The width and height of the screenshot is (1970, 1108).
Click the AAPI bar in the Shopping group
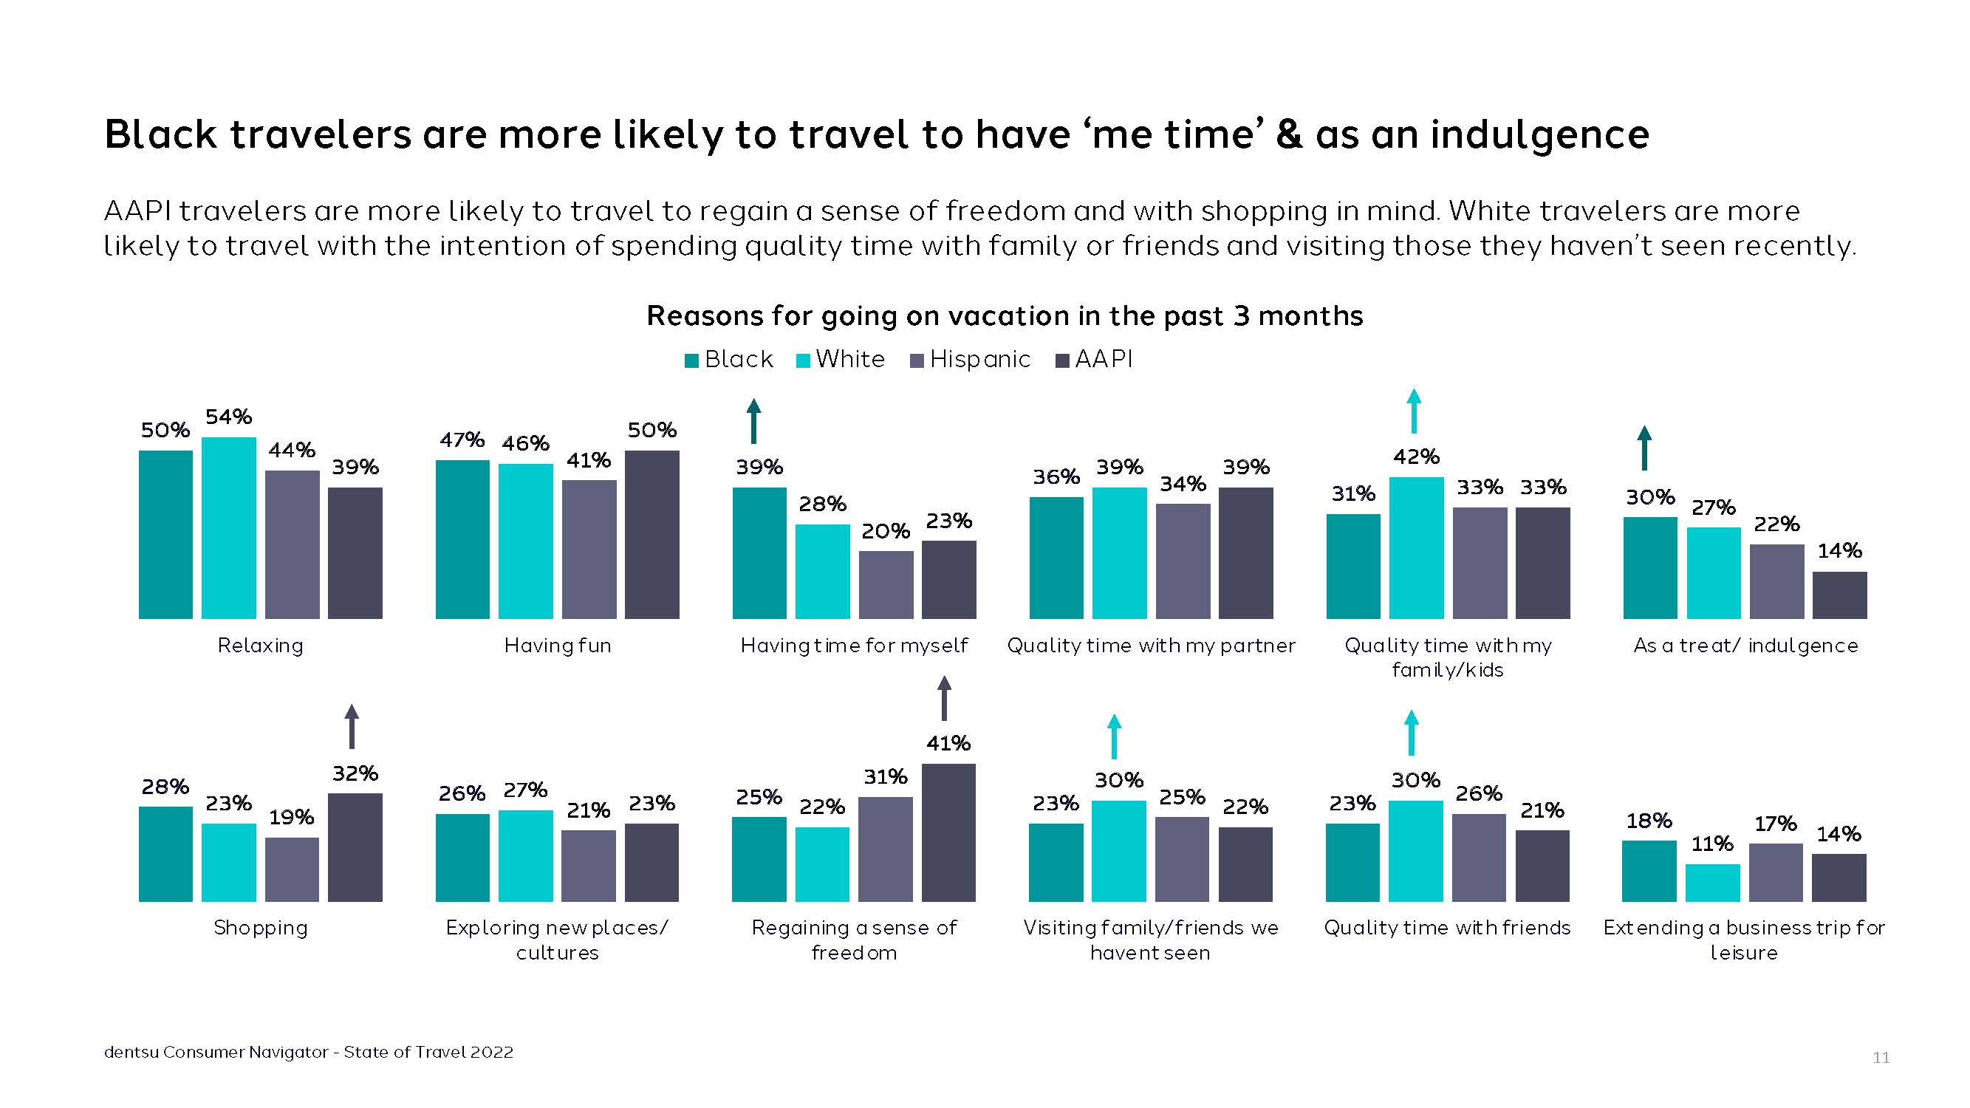pyautogui.click(x=355, y=847)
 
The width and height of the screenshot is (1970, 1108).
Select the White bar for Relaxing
pyautogui.click(x=229, y=527)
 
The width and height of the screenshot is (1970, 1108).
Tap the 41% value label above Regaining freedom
pyautogui.click(x=948, y=743)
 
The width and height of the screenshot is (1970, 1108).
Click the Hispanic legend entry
pyautogui.click(x=971, y=360)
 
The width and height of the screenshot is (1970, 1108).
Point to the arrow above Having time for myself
pyautogui.click(x=753, y=420)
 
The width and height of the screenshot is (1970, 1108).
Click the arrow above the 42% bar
pyautogui.click(x=1414, y=411)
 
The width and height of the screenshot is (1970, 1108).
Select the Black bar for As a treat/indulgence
pyautogui.click(x=1649, y=567)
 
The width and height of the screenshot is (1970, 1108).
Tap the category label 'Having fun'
pyautogui.click(x=558, y=646)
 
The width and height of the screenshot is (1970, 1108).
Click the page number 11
pyautogui.click(x=1881, y=1058)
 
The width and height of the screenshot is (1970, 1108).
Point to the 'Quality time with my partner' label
pyautogui.click(x=1151, y=646)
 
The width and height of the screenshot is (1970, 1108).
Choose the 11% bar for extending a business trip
pyautogui.click(x=1712, y=883)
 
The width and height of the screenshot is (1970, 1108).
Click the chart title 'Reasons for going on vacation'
pyautogui.click(x=1004, y=316)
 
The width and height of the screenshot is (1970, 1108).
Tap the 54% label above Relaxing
pyautogui.click(x=229, y=417)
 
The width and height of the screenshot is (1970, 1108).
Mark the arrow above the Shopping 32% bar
pyautogui.click(x=352, y=725)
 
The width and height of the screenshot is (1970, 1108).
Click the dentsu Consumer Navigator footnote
pyautogui.click(x=308, y=1052)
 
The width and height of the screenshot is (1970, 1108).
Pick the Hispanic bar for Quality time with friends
pyautogui.click(x=1479, y=857)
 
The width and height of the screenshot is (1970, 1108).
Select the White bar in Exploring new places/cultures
pyautogui.click(x=525, y=855)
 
